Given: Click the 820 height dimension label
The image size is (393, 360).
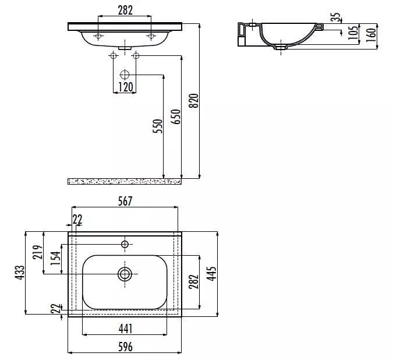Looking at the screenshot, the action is click(193, 101).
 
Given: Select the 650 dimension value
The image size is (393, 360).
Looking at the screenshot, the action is click(176, 117).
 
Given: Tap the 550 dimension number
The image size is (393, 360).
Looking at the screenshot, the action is click(158, 126).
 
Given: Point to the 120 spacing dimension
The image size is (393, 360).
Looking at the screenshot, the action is click(125, 87).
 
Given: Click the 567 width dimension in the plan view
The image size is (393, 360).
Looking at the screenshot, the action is click(125, 202).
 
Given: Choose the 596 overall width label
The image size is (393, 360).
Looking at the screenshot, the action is click(125, 347).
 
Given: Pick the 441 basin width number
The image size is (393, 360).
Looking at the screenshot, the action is click(125, 329).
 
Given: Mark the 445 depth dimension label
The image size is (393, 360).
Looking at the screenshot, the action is click(211, 274).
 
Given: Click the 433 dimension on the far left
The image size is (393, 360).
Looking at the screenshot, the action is click(20, 273).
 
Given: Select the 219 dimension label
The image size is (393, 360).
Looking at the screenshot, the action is click(38, 252).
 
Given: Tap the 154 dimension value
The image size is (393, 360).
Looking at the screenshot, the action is click(56, 258).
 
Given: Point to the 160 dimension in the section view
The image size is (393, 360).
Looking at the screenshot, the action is click(371, 35).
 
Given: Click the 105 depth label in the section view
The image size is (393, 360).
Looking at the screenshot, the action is click(353, 33).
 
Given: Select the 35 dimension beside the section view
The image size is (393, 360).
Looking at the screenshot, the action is click(336, 17).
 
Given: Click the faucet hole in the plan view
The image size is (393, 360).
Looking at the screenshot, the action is click(125, 244).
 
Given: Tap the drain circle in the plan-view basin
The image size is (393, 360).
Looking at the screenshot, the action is click(125, 274).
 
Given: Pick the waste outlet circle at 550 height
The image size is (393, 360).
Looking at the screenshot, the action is click(125, 75).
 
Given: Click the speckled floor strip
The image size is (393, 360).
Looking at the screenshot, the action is click(125, 182).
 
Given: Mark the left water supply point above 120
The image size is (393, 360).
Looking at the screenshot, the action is click(114, 55).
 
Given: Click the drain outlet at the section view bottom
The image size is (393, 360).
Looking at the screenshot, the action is click(281, 47).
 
